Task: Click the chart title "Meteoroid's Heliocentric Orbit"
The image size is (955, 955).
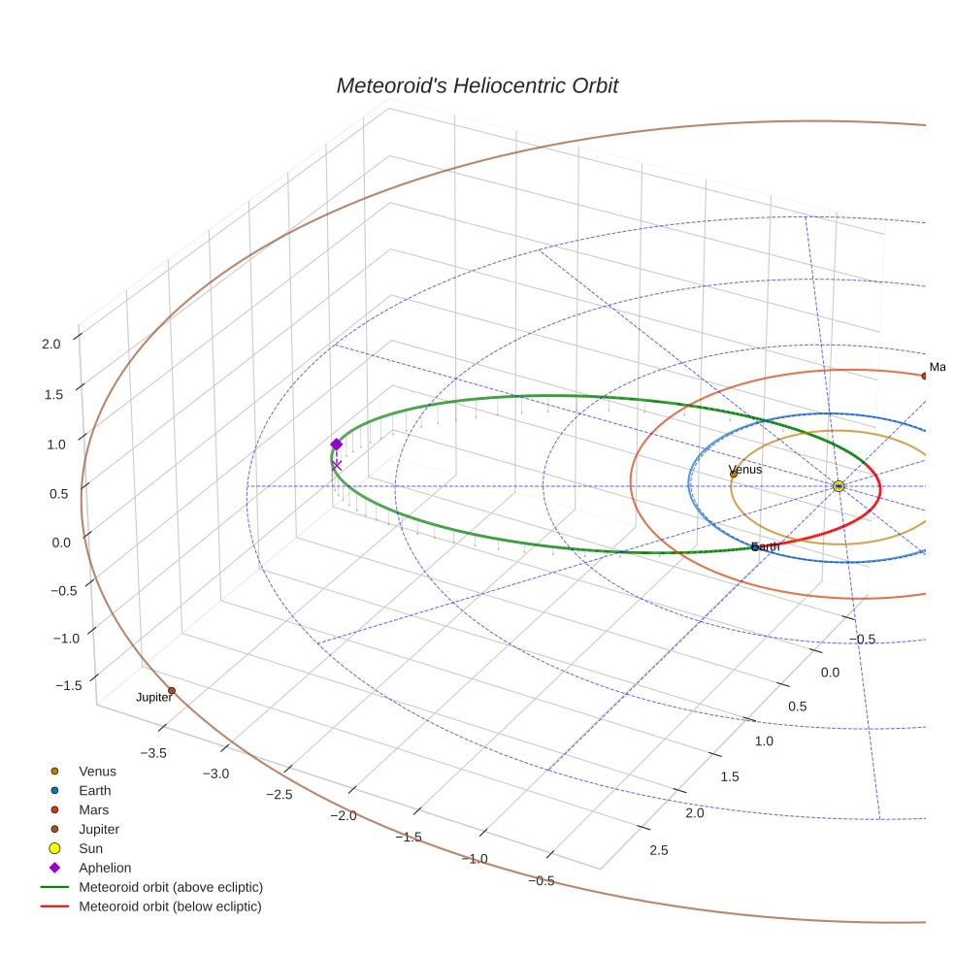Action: pyautogui.click(x=477, y=85)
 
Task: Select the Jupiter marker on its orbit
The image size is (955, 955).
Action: pyautogui.click(x=172, y=691)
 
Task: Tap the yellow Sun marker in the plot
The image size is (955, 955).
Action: pyautogui.click(x=839, y=486)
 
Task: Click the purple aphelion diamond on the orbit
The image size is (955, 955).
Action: pyautogui.click(x=337, y=445)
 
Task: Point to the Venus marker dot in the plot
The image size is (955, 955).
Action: pyautogui.click(x=734, y=474)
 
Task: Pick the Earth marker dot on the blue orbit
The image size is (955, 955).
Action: pyautogui.click(x=755, y=547)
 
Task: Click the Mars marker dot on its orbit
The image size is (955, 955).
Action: pyautogui.click(x=924, y=376)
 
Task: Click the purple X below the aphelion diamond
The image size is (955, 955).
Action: pyautogui.click(x=337, y=465)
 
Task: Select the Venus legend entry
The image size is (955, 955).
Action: pyautogui.click(x=97, y=772)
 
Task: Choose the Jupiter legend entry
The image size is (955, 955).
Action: pyautogui.click(x=99, y=830)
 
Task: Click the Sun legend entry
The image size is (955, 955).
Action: pyautogui.click(x=91, y=849)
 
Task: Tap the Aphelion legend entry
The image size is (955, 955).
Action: pyautogui.click(x=105, y=869)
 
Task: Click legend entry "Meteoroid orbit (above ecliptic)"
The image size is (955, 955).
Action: pyautogui.click(x=171, y=888)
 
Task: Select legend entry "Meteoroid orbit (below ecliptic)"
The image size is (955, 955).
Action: pyautogui.click(x=171, y=907)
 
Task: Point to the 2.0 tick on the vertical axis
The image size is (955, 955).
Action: pyautogui.click(x=51, y=344)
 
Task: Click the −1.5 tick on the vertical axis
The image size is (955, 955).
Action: pyautogui.click(x=69, y=686)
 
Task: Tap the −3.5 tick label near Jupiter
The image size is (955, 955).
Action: pyautogui.click(x=154, y=753)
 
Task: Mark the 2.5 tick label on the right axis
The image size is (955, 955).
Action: pyautogui.click(x=658, y=851)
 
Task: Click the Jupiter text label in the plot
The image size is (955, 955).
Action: pyautogui.click(x=153, y=698)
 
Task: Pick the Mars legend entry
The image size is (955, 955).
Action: pyautogui.click(x=93, y=810)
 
